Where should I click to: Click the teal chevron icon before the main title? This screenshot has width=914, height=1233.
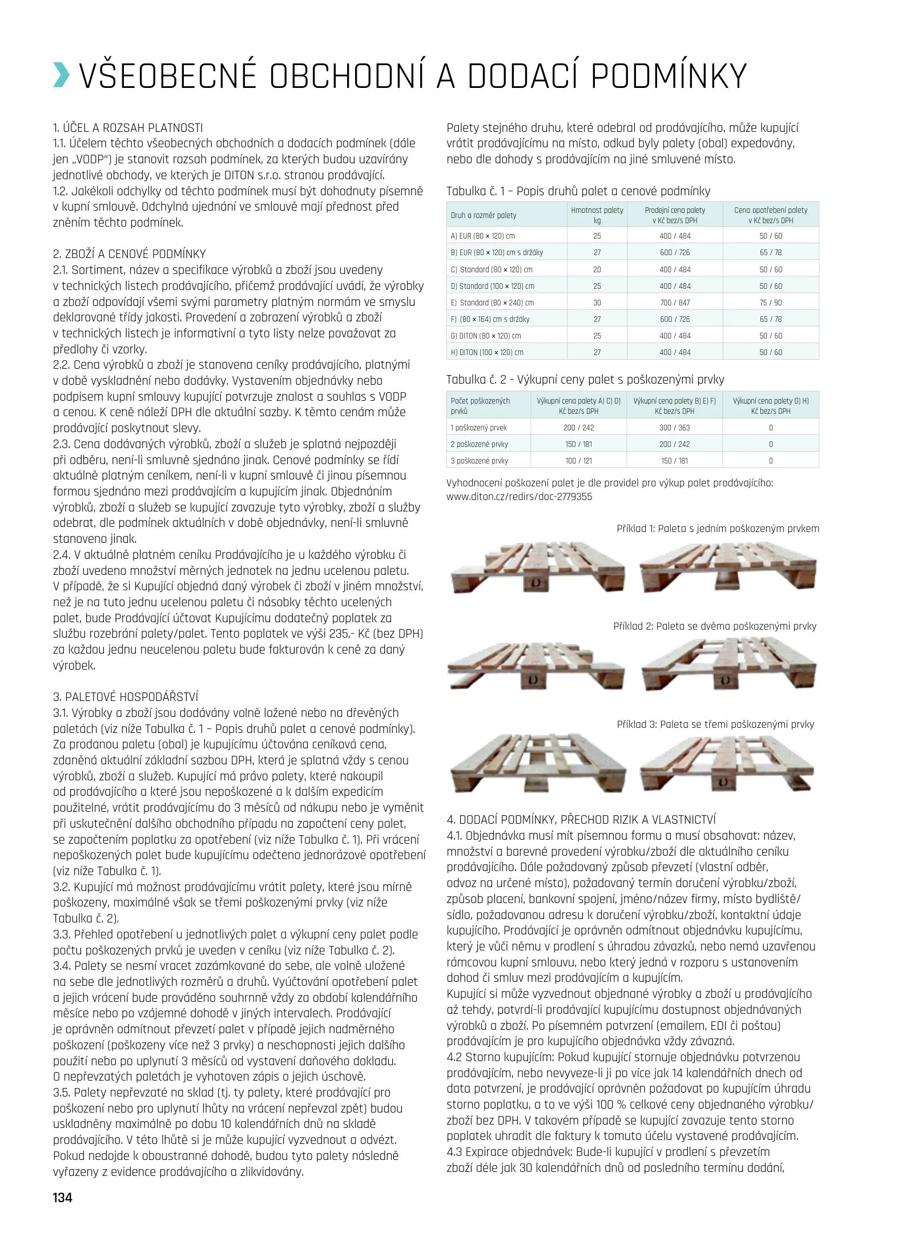[62, 75]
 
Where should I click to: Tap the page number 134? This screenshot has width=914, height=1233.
[62, 1197]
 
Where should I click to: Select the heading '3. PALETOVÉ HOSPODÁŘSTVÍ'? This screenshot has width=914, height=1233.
[126, 696]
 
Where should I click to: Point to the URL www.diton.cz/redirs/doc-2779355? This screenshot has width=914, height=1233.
[519, 497]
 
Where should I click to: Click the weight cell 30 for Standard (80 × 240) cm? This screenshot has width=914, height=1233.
[597, 303]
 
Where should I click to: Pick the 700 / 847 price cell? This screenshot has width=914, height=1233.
[674, 303]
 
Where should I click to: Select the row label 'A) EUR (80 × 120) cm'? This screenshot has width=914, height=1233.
[482, 236]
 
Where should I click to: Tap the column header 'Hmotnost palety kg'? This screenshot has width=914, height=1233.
[597, 215]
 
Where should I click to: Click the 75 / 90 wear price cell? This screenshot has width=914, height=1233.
[770, 303]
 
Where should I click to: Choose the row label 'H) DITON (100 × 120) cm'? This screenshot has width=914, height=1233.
[487, 352]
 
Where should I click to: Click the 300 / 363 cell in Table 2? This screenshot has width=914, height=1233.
[674, 428]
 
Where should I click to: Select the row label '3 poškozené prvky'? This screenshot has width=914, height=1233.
[479, 461]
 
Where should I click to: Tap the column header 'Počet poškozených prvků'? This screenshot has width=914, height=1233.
[480, 406]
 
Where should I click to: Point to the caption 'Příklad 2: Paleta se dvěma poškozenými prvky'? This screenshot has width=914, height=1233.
[715, 626]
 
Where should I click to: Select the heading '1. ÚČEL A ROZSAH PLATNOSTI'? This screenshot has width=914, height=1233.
[128, 128]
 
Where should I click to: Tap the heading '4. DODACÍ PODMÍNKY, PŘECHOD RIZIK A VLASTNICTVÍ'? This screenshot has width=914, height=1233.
[581, 820]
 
